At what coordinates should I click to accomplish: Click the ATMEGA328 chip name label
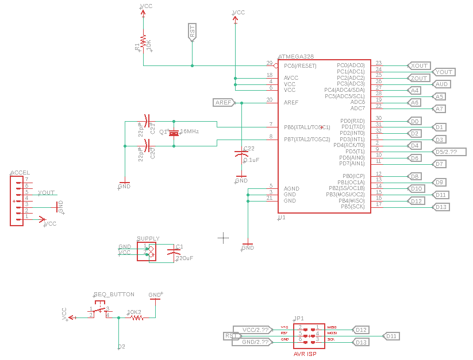[x=295, y=56]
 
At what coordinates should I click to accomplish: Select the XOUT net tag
[x=418, y=65]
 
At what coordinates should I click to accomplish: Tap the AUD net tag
[x=442, y=84]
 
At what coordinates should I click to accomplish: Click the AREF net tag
[x=224, y=102]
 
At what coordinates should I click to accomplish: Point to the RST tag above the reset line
[x=192, y=31]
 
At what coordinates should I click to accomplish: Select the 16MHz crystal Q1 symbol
[x=174, y=133]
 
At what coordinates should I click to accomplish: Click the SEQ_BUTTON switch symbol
[x=101, y=311]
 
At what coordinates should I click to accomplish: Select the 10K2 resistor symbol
[x=136, y=318]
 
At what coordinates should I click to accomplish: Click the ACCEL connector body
[x=17, y=200]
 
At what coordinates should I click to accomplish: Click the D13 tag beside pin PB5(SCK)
[x=441, y=207]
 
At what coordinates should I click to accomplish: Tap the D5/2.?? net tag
[x=445, y=152]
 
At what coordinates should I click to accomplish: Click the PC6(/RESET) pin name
[x=300, y=65]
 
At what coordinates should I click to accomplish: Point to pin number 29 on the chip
[x=269, y=63]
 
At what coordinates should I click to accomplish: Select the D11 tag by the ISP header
[x=391, y=336]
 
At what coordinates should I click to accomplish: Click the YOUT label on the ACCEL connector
[x=47, y=193]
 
